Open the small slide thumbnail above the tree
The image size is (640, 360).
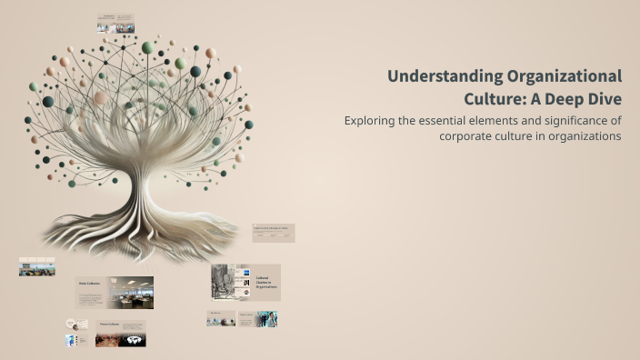point(115,24)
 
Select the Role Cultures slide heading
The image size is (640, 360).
point(88,283)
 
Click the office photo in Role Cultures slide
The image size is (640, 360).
point(131,293)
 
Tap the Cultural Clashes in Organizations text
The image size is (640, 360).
point(265,283)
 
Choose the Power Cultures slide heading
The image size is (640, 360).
point(109,324)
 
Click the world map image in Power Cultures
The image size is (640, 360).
point(133,340)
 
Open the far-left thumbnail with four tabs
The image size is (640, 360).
point(36,266)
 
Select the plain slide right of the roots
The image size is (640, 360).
point(273,234)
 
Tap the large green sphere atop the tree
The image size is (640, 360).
point(147,48)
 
